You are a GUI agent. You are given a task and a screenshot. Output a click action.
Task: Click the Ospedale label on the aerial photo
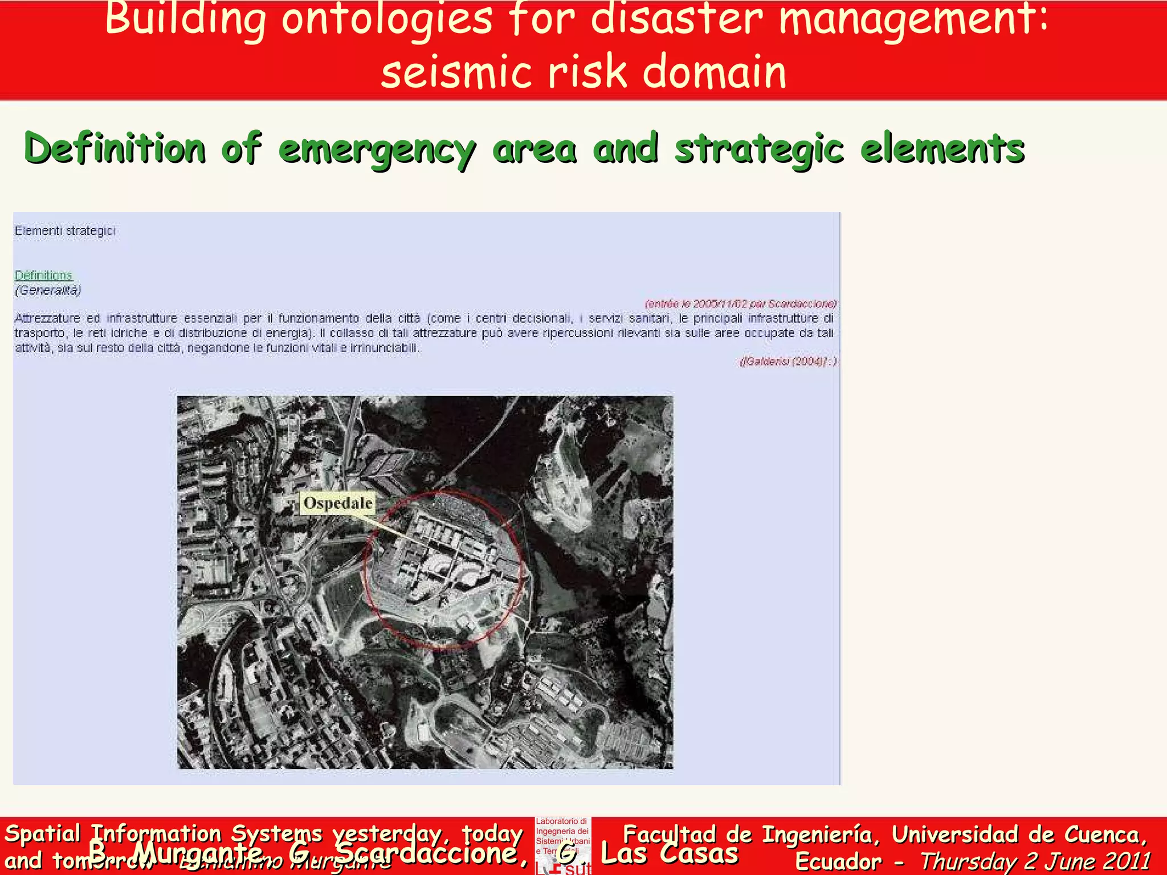[x=337, y=504]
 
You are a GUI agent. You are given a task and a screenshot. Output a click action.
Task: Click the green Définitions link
[x=44, y=276]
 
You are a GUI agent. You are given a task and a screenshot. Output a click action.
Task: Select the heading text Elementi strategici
[x=65, y=231]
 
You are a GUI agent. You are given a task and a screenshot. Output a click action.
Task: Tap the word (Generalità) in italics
[x=48, y=291]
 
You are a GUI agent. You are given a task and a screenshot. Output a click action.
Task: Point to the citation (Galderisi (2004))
[x=788, y=362]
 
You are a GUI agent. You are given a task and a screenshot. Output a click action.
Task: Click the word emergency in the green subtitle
[x=377, y=150]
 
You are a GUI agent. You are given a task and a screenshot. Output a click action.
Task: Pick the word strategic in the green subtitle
[x=758, y=150]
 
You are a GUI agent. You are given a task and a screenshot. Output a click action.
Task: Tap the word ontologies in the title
[x=387, y=18]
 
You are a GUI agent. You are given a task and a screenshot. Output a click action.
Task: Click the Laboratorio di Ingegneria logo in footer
[x=562, y=845]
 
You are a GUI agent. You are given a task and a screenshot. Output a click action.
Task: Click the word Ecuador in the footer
[x=838, y=861]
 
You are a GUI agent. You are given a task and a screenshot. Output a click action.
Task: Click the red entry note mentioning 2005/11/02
[x=740, y=304]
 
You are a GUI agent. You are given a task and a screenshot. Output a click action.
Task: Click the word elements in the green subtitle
[x=942, y=149]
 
